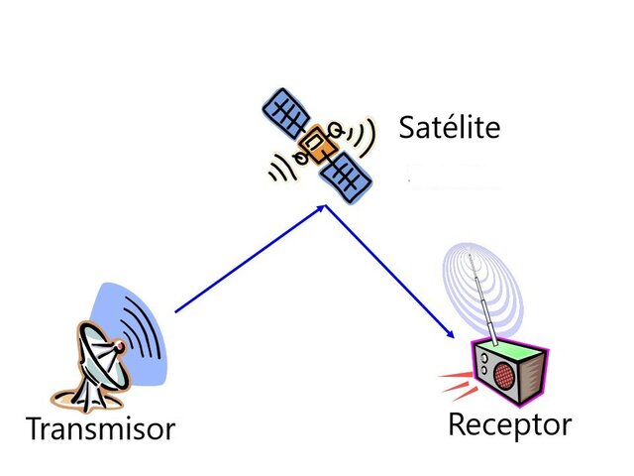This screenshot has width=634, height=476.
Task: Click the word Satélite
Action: [449, 128]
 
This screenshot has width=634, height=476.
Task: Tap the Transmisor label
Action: [99, 429]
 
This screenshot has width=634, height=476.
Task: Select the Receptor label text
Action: [509, 424]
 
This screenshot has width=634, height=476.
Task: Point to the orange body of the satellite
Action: [316, 146]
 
